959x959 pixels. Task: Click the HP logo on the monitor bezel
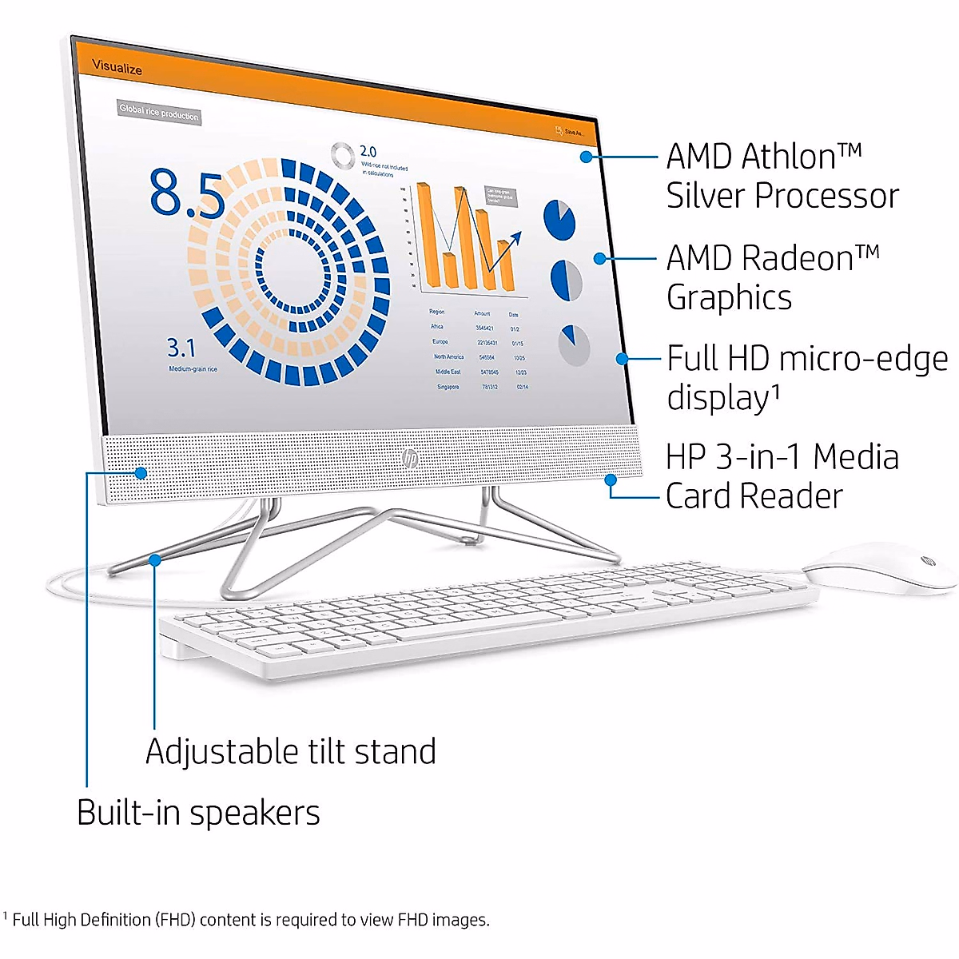pos(410,459)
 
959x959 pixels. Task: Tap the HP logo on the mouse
pos(927,562)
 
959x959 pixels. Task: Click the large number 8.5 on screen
pos(187,194)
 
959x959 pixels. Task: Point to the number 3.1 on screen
pos(181,348)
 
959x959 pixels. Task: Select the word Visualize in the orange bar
pos(117,67)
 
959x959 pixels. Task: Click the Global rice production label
pos(158,113)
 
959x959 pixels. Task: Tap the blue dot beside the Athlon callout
pos(587,157)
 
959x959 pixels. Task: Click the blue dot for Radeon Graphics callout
pos(599,258)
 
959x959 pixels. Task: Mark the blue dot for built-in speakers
pos(141,473)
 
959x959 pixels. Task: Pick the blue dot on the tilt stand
pos(155,560)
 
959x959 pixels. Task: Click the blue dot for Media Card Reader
pos(611,480)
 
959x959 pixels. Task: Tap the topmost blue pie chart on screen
pos(559,219)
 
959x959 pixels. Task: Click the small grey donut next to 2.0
pos(343,155)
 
